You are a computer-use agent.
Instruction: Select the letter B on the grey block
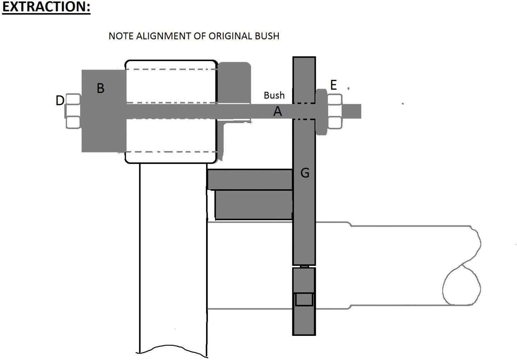[x=100, y=88]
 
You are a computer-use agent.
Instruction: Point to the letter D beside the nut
[x=60, y=100]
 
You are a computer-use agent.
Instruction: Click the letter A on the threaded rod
[x=277, y=111]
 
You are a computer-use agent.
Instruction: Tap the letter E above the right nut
[x=333, y=85]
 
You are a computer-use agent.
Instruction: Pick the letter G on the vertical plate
[x=305, y=173]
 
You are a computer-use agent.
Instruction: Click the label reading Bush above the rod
[x=274, y=95]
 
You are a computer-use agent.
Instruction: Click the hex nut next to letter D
[x=73, y=111]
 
